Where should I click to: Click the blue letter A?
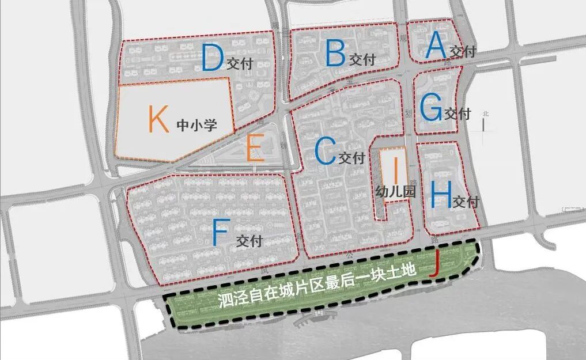click(x=435, y=46)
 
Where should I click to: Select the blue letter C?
click(x=325, y=152)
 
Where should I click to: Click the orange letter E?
click(x=255, y=149)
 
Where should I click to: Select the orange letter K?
click(x=158, y=119)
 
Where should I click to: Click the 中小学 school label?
click(x=196, y=124)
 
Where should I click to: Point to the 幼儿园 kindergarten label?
click(x=395, y=192)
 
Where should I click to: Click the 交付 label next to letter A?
click(x=463, y=52)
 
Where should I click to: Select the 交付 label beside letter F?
click(x=249, y=241)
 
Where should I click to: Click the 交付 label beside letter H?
click(x=466, y=203)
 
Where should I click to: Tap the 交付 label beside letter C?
click(x=353, y=157)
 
